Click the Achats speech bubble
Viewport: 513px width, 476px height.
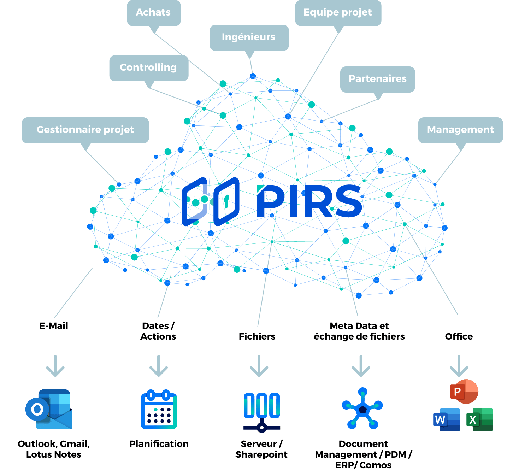click(x=153, y=12)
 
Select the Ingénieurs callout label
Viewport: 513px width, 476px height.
click(x=249, y=37)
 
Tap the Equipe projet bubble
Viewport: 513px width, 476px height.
click(x=338, y=12)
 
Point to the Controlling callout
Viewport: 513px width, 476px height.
click(x=148, y=67)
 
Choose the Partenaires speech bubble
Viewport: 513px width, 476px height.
click(x=378, y=79)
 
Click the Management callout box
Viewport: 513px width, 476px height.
click(x=460, y=130)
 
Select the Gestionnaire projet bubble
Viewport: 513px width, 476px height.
click(x=85, y=130)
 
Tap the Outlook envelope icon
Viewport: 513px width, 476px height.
click(x=49, y=410)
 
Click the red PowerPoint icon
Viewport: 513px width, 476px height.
click(x=464, y=392)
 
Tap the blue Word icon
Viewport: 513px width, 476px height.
click(x=447, y=419)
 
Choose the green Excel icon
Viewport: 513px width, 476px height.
click(x=479, y=419)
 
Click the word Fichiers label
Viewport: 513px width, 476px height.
click(x=257, y=336)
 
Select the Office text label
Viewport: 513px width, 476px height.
click(x=459, y=336)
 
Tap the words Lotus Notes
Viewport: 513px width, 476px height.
click(x=54, y=454)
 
